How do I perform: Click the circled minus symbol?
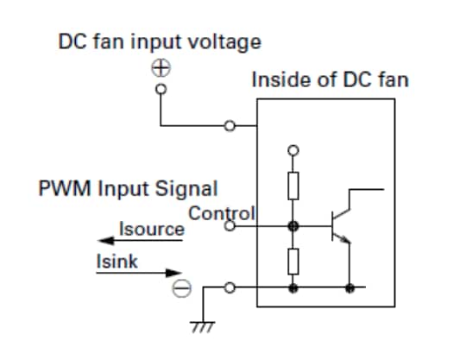click(180, 289)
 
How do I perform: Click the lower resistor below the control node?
click(294, 261)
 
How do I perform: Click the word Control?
click(222, 212)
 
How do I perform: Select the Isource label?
click(152, 229)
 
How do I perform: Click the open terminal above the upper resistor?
click(294, 148)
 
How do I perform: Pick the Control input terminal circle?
click(230, 227)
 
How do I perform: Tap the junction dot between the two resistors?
click(294, 227)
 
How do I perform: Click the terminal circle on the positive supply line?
click(230, 127)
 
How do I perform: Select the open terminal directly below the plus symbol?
click(161, 87)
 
